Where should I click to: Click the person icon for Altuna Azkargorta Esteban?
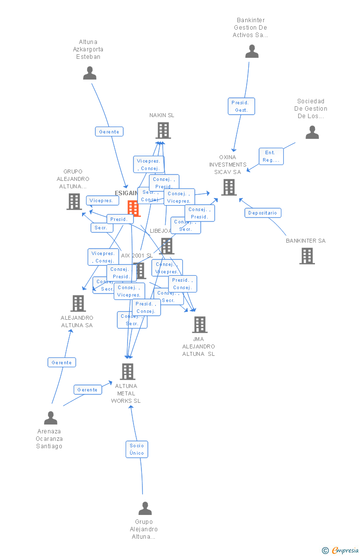click(90, 73)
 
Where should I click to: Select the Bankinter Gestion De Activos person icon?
click(252, 51)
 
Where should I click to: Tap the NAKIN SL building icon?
click(163, 130)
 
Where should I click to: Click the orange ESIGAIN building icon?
click(134, 208)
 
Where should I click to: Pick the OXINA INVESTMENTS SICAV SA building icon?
click(228, 187)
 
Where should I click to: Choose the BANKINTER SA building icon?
click(307, 256)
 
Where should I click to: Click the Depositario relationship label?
click(263, 213)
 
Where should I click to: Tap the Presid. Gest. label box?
click(241, 106)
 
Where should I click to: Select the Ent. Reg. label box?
click(271, 156)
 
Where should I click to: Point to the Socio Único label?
click(136, 449)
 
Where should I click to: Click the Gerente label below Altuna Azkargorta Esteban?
click(109, 131)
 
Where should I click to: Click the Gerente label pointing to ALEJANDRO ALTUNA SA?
click(62, 362)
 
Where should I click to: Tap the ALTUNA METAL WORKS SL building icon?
click(128, 372)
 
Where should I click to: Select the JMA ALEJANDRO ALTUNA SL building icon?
click(199, 325)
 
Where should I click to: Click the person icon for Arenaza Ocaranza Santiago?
click(50, 418)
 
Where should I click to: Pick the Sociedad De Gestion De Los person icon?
click(312, 132)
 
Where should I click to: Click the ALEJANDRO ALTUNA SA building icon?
click(78, 303)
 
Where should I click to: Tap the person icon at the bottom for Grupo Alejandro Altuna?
click(145, 508)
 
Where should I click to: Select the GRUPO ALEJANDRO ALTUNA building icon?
click(74, 202)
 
